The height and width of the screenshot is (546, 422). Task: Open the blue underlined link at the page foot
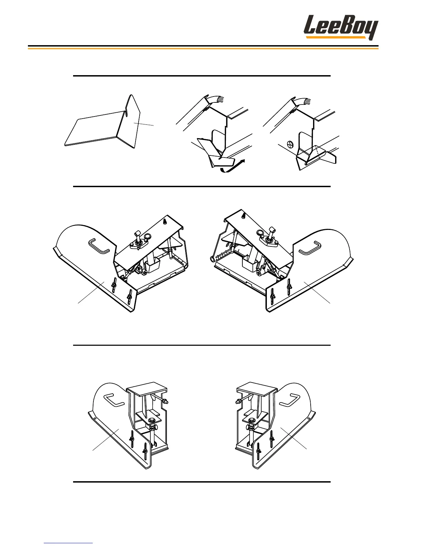point(68,543)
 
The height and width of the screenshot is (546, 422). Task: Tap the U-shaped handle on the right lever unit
point(309,248)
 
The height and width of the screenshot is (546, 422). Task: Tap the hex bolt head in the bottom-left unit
point(151,421)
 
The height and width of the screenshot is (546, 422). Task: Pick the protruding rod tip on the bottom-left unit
point(166,401)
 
